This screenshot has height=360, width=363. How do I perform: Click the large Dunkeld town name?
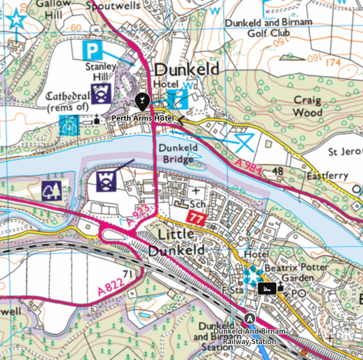pos(186,70)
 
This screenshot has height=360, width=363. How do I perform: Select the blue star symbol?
pos(16,21)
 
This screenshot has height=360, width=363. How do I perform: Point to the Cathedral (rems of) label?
pos(68,101)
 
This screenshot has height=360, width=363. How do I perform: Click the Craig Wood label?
pos(308,106)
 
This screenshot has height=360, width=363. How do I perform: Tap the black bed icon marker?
pos(267,288)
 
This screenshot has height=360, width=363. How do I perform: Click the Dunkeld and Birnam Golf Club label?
pos(269,27)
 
